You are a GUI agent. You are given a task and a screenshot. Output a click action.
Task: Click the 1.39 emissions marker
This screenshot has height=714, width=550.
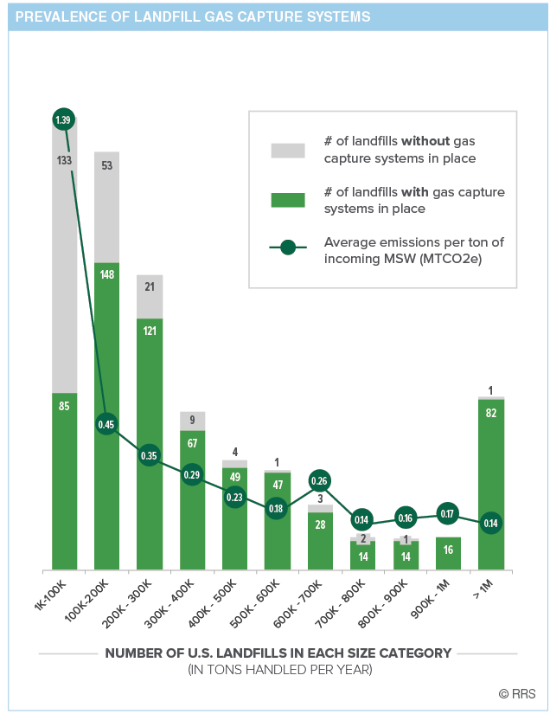(63, 119)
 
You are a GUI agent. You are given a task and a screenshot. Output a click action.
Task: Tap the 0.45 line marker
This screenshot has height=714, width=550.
(106, 424)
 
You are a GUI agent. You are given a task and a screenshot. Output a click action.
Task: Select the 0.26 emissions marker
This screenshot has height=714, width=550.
(319, 481)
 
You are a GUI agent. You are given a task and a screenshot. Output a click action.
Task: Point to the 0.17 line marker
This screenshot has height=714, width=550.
(447, 514)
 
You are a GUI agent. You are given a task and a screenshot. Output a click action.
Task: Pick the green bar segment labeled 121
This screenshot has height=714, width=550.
(149, 389)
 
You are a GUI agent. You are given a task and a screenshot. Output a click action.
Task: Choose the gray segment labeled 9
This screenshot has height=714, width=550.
(192, 421)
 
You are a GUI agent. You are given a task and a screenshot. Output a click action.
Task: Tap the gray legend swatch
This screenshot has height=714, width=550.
(288, 150)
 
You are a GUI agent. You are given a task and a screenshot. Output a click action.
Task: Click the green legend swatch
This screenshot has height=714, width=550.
(288, 200)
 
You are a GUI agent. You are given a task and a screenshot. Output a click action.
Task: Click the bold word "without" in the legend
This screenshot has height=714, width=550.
(425, 141)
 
